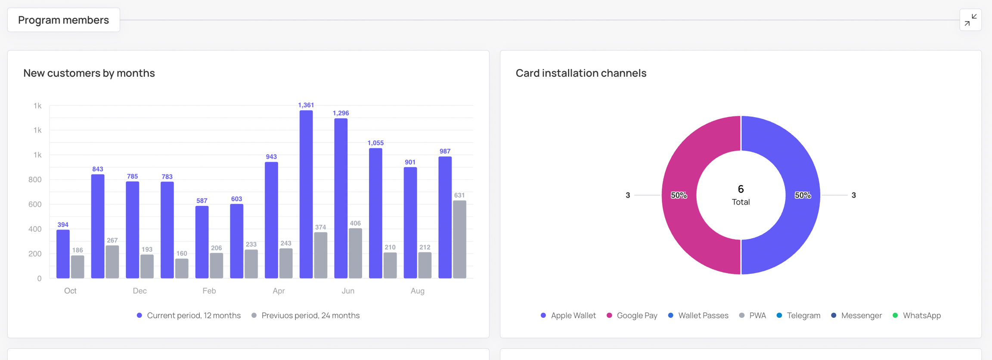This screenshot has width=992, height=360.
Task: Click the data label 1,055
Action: [x=375, y=143]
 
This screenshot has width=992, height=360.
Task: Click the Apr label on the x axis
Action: [x=279, y=291]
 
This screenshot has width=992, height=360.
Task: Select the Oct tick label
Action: [x=70, y=291]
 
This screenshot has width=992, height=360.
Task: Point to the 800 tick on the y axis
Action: [x=35, y=180]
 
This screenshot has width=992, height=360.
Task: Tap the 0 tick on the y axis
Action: [x=39, y=279]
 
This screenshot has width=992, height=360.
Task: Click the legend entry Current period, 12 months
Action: [x=189, y=315]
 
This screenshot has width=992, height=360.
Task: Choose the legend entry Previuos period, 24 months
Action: [x=306, y=315]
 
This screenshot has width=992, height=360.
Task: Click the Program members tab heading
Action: [x=63, y=20]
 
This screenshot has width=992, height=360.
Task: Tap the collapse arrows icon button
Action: [x=970, y=20]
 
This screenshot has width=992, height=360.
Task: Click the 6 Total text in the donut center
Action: [x=741, y=195]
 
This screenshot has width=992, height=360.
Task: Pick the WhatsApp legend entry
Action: [x=917, y=315]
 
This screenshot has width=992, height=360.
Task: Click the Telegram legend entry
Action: [x=799, y=315]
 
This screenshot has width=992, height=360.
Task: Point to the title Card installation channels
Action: [x=581, y=73]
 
